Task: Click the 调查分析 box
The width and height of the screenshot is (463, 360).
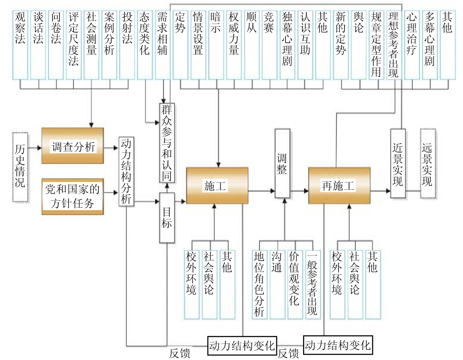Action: (72, 146)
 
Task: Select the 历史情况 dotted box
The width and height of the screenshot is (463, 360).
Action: (20, 167)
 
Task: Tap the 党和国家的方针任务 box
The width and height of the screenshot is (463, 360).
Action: (72, 197)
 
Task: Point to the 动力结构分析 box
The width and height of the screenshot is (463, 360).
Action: (126, 171)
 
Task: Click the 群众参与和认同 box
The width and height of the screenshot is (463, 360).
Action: (167, 143)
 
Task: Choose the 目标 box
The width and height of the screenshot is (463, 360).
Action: (167, 218)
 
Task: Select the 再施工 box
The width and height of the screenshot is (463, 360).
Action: (339, 186)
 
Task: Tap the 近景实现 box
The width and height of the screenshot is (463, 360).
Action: (398, 164)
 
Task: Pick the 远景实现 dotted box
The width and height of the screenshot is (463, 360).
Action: (427, 164)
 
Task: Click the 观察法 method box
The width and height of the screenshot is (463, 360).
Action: (20, 45)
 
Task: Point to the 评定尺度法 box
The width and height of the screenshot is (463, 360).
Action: (74, 45)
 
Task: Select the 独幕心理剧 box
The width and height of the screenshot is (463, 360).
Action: (287, 45)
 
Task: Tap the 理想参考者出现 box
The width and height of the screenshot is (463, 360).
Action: (394, 45)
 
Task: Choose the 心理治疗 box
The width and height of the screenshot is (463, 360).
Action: (412, 45)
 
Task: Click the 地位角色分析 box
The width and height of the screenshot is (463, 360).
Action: (259, 284)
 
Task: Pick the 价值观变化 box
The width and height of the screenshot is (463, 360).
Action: (295, 284)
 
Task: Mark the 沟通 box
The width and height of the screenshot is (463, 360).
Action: (277, 284)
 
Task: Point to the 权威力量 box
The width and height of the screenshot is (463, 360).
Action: (234, 45)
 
